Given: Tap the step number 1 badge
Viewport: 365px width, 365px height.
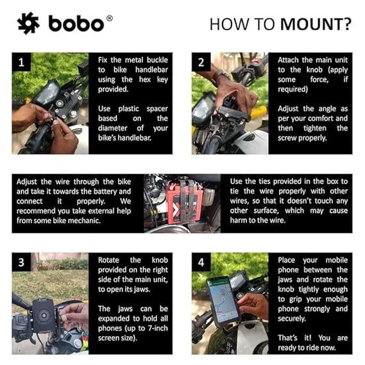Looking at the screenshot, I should [22, 62].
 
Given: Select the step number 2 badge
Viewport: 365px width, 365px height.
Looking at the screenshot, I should [201, 62].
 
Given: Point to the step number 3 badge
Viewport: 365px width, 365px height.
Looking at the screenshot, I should [22, 262].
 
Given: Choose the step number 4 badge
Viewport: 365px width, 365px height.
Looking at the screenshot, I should [201, 262].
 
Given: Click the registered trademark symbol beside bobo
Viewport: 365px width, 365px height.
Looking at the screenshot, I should [109, 18].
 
